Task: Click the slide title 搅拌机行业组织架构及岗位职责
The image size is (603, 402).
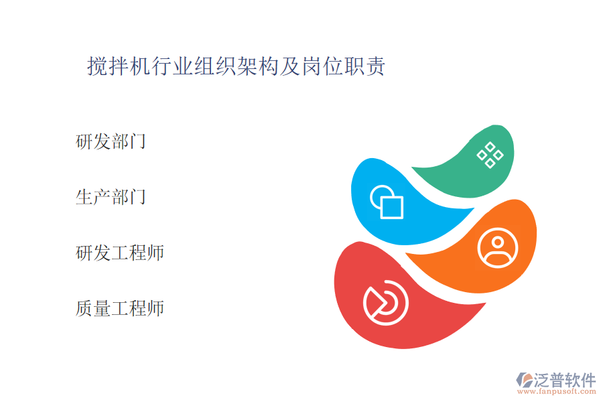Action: point(236,66)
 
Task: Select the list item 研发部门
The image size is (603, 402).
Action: point(111,141)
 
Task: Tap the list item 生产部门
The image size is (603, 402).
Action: point(111,197)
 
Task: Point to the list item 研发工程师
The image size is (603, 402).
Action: point(120,253)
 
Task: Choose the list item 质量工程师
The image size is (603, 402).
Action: point(120,308)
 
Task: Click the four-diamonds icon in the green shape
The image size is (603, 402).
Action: point(490,155)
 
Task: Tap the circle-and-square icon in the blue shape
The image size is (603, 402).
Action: point(387,202)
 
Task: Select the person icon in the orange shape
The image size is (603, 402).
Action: point(498,248)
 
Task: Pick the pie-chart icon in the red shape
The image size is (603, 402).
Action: point(386,303)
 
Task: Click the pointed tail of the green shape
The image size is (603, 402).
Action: point(412,167)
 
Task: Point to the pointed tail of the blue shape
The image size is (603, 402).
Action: point(474,209)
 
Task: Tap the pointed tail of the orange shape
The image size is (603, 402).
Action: point(407,255)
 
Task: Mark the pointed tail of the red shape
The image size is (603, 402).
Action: point(485,304)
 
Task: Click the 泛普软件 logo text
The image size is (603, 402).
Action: point(565,380)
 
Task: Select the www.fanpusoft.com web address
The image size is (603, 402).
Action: point(557,391)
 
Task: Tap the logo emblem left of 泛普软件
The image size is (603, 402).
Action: point(525,380)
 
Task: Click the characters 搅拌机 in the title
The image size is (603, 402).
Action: point(119,66)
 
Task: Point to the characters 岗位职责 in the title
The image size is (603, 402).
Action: point(344,66)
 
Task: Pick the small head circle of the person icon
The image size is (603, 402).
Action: point(498,243)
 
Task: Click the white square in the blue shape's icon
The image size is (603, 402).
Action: point(392,207)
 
